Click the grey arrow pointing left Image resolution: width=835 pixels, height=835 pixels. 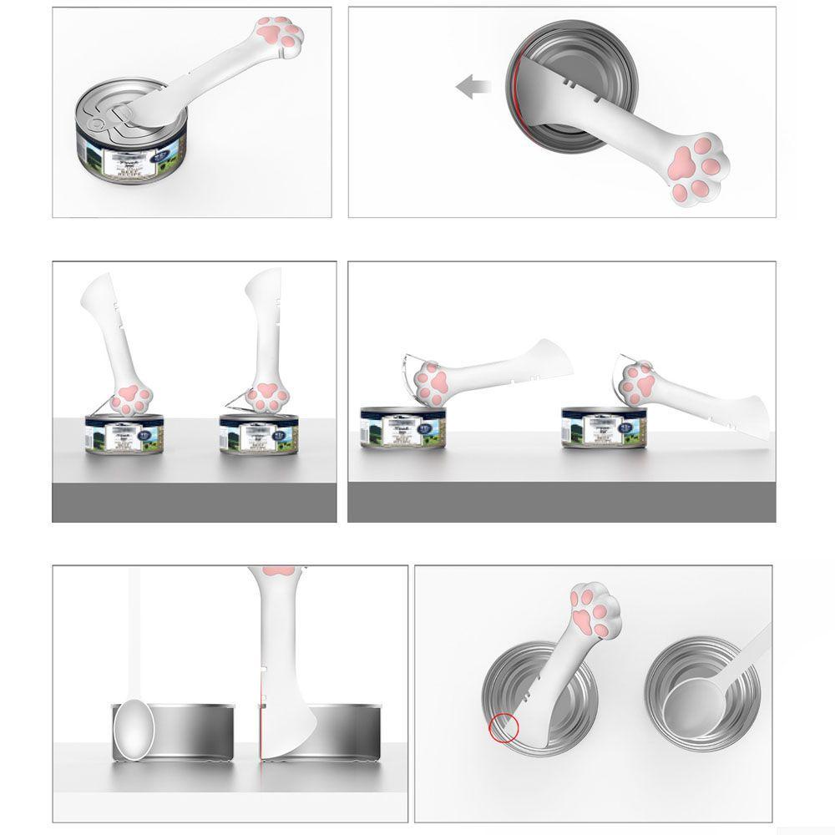click(472, 84)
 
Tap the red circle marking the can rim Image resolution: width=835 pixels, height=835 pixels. click(504, 727)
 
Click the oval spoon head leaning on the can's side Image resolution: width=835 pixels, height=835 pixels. click(134, 729)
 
